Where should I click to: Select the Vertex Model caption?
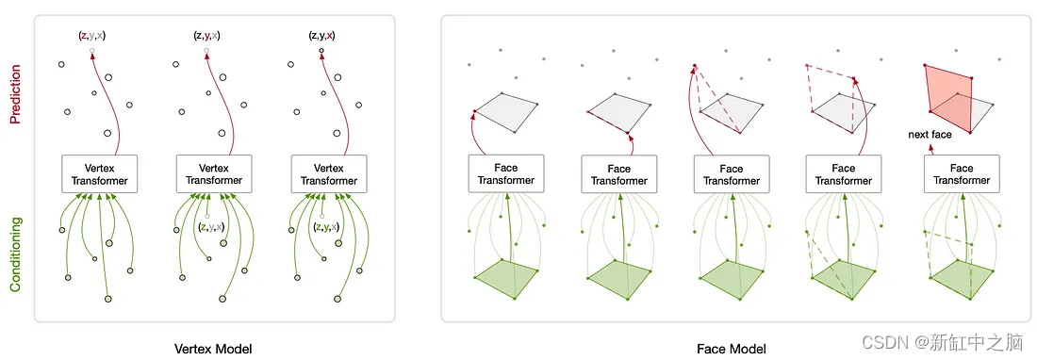click(x=213, y=348)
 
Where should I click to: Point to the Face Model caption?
click(x=732, y=348)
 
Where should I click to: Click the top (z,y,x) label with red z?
click(x=92, y=36)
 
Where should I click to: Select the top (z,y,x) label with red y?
click(x=206, y=36)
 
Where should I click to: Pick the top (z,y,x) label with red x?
click(x=321, y=36)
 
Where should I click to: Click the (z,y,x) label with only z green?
click(x=211, y=227)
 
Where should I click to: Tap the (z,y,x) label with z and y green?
click(x=326, y=227)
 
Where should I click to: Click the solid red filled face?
click(x=947, y=99)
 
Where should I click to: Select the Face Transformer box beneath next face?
click(x=961, y=174)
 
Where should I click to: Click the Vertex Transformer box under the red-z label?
click(x=99, y=174)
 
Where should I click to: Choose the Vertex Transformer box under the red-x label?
click(x=329, y=174)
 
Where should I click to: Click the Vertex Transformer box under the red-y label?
click(x=214, y=174)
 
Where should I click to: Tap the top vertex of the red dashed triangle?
click(x=695, y=65)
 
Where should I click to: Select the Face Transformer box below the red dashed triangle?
click(x=731, y=174)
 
